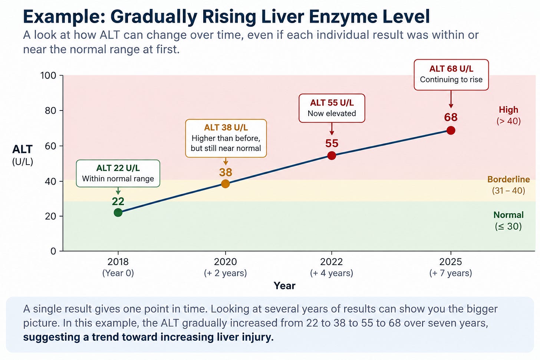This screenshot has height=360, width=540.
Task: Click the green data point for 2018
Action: [x=118, y=212]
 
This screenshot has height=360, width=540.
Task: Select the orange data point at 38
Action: [x=225, y=184]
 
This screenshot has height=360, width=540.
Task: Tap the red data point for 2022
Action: [x=332, y=155]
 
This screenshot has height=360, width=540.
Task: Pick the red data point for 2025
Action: [x=451, y=131]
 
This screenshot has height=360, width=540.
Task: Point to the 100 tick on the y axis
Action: [x=48, y=75]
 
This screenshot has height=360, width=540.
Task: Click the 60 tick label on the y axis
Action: [x=50, y=146]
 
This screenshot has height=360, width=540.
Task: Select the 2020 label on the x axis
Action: [x=225, y=262]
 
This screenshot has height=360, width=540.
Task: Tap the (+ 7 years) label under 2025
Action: [x=451, y=273]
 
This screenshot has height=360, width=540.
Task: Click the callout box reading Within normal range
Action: [x=118, y=173]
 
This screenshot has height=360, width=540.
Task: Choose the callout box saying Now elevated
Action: [x=332, y=108]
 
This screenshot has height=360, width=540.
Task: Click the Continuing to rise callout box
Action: [x=451, y=75]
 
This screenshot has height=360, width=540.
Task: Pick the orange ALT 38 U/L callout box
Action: [x=226, y=138]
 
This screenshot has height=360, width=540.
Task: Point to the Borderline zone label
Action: [x=509, y=179]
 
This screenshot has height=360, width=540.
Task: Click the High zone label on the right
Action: [x=508, y=110]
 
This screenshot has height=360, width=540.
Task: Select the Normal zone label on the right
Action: [x=508, y=215]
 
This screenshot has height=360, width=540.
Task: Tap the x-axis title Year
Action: [x=284, y=286]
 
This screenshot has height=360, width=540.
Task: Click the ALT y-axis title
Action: [x=22, y=149]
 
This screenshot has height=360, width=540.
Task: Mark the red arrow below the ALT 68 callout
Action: [x=451, y=99]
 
